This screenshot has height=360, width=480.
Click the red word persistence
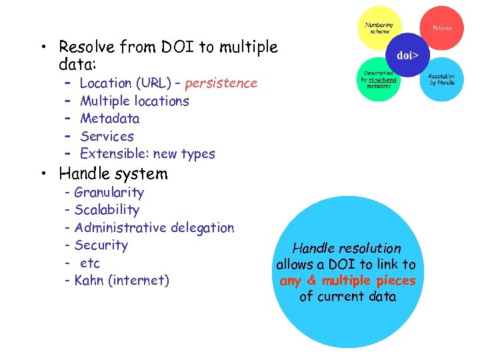click(x=221, y=83)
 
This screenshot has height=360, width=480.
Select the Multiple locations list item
click(x=134, y=101)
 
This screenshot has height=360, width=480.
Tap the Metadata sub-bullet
click(x=109, y=119)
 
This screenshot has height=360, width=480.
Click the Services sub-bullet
click(x=107, y=136)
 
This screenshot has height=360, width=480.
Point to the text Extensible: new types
click(x=147, y=154)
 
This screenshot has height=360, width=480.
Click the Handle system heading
click(x=113, y=174)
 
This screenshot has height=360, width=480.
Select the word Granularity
click(x=109, y=193)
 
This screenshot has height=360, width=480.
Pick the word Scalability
click(x=107, y=210)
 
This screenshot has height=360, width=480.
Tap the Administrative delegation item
click(x=154, y=228)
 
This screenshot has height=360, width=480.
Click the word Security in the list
click(x=101, y=245)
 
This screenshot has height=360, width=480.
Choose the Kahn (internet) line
click(x=121, y=281)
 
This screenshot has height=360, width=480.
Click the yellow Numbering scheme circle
click(x=379, y=28)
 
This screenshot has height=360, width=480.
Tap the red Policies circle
click(x=442, y=27)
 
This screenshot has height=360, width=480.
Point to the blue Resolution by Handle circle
click(x=441, y=79)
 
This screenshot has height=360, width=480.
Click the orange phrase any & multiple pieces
click(x=347, y=281)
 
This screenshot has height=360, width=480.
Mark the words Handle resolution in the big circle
click(x=347, y=248)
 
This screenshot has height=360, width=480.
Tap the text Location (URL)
click(x=124, y=83)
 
